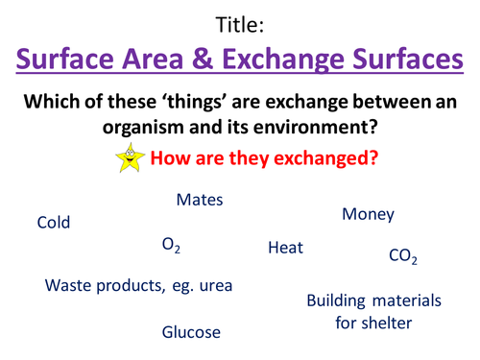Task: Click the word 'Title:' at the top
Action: [x=239, y=21]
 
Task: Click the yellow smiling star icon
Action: [x=155, y=160]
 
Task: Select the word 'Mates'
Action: [x=200, y=201]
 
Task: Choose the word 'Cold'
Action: [x=54, y=223]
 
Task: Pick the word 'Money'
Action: [x=368, y=215]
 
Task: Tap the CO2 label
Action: [x=403, y=256]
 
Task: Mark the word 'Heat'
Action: [x=285, y=248]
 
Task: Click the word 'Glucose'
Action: [x=191, y=332]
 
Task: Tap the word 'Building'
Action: [x=338, y=301]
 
